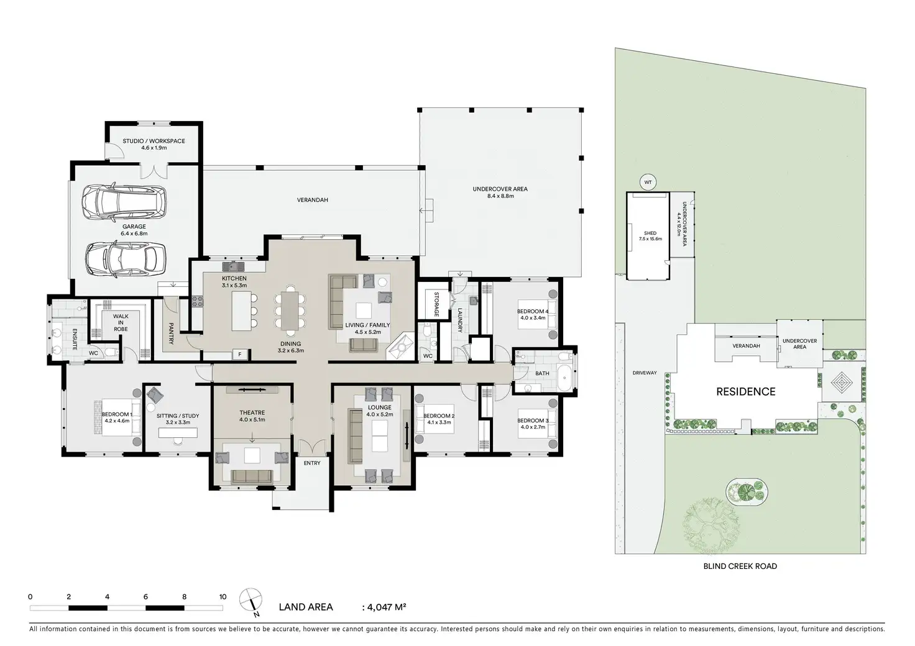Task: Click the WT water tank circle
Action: point(648,183)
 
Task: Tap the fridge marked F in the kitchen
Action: point(240,355)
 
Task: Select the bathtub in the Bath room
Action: point(565,378)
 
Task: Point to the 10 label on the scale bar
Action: point(223,597)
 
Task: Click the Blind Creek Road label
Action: point(740,566)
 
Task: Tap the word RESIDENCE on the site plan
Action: point(746,392)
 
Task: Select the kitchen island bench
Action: point(241,311)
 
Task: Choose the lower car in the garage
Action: point(126,259)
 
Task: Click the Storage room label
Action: point(436,304)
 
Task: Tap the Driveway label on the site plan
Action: point(645,373)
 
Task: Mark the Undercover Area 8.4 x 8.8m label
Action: point(500,192)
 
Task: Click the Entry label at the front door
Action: point(312,463)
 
